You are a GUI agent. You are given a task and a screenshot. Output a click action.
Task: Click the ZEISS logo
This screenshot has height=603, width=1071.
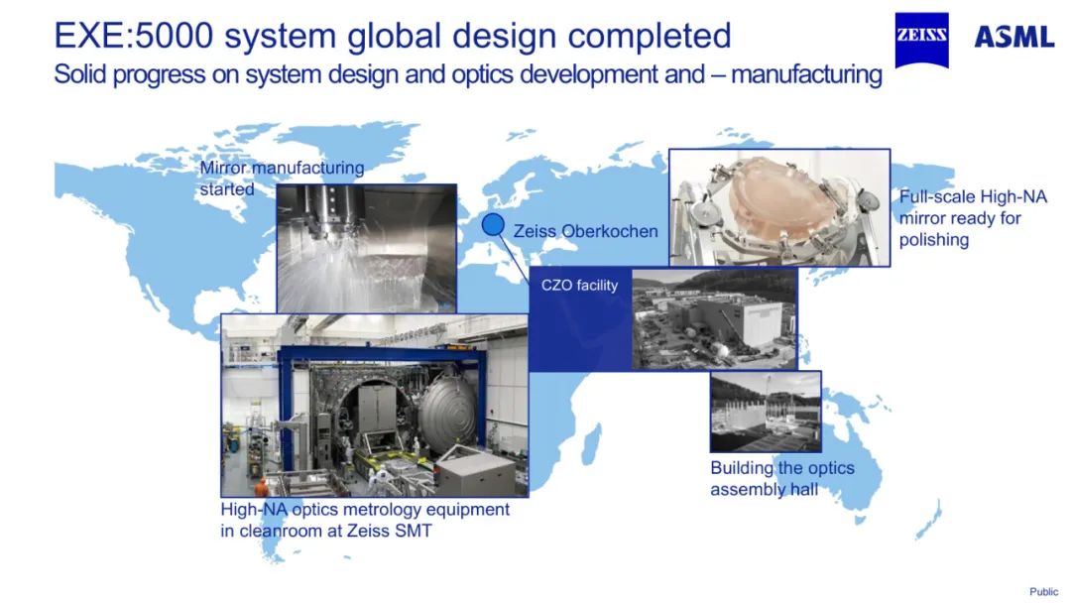921,39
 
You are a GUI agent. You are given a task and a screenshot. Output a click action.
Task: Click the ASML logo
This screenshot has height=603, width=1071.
1013,38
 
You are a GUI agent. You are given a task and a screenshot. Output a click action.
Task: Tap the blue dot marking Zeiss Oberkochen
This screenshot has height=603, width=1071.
493,225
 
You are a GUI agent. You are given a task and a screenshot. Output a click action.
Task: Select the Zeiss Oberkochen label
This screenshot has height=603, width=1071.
585,231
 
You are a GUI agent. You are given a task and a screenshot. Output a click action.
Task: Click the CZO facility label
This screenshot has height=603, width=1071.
579,286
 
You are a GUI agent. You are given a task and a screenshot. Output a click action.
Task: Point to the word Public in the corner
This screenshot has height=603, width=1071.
1043,592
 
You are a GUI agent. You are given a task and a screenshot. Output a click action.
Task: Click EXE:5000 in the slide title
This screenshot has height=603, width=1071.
133,36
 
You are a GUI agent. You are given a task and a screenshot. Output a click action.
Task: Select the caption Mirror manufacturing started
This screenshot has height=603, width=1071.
281,178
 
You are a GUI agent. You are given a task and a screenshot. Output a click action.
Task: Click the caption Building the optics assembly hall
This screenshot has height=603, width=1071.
781,478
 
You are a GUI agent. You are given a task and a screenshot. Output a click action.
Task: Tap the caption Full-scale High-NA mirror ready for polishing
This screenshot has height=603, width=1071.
973,218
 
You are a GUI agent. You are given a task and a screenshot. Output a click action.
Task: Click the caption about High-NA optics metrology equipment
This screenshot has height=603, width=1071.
365,520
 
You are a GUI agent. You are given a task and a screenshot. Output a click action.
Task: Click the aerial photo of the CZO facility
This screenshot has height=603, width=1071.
714,317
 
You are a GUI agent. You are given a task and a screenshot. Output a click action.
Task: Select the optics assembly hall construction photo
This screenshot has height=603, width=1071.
766,412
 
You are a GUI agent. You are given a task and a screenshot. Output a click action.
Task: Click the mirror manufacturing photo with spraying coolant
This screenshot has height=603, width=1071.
365,248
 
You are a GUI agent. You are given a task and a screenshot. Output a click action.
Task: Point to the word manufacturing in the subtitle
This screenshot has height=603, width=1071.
806,74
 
